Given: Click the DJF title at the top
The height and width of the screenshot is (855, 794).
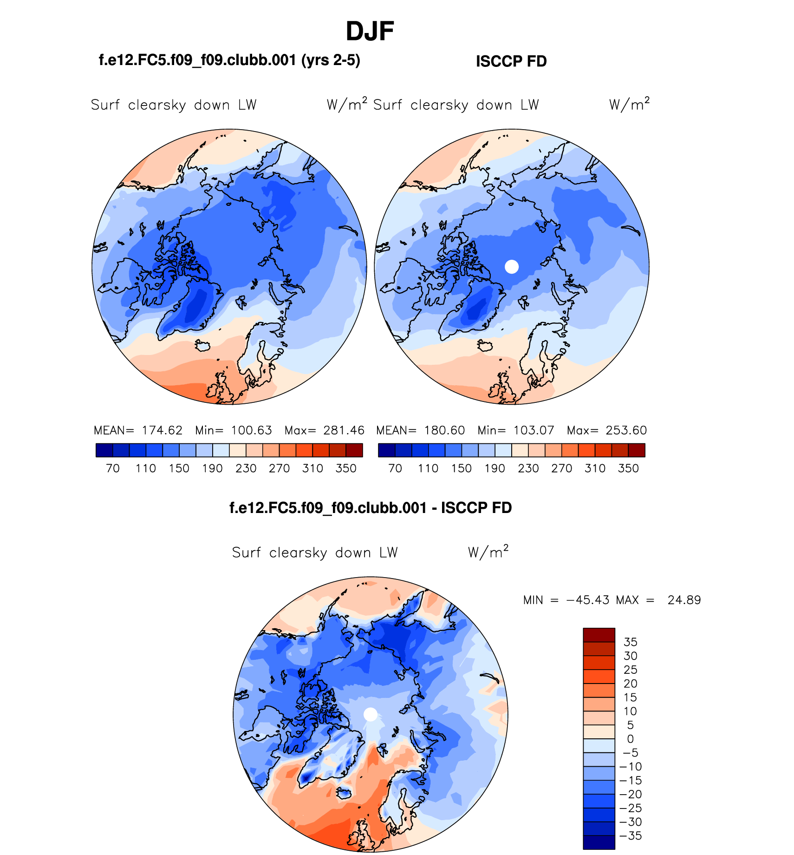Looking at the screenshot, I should click(x=370, y=32).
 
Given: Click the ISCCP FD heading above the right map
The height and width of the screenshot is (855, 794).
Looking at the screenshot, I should click(x=511, y=61).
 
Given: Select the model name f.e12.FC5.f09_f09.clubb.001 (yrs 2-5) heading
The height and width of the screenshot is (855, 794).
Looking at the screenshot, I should click(x=229, y=60).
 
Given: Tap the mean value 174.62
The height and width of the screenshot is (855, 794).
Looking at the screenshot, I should click(x=162, y=430).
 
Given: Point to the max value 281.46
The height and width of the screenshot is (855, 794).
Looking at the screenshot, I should click(x=344, y=430).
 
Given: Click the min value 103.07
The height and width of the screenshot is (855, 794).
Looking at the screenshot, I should click(x=534, y=430).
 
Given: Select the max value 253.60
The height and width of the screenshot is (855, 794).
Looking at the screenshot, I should click(x=626, y=430).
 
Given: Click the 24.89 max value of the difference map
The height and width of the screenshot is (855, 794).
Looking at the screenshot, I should click(x=684, y=600).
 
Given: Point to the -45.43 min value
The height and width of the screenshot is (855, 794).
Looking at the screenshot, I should click(x=587, y=600).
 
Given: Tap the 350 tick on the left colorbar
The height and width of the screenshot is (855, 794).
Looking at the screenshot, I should click(x=346, y=468).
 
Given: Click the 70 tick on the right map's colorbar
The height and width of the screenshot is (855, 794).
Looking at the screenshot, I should click(x=395, y=468).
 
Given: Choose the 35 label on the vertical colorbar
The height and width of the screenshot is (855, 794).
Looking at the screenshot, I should click(x=630, y=642).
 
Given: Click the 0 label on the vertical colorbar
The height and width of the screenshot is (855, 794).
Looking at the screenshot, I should click(x=630, y=739).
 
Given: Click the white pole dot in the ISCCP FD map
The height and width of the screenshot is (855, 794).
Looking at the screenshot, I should click(x=511, y=266).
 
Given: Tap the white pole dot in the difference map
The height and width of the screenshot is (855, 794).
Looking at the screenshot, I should click(x=370, y=714).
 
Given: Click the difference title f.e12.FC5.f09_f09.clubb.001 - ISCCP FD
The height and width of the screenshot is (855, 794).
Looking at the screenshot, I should click(x=371, y=508).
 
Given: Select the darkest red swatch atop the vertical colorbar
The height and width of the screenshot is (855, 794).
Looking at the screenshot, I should click(x=599, y=635).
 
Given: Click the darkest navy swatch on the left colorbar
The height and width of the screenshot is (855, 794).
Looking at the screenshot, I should click(x=104, y=450).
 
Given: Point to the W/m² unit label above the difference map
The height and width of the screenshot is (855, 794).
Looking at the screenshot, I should click(x=488, y=552).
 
